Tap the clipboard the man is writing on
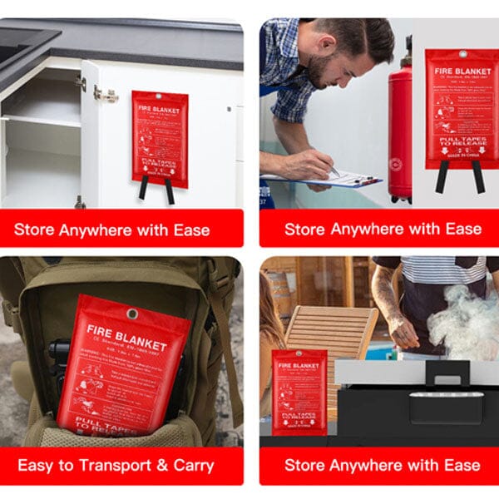[x=333, y=179]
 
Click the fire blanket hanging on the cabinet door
[x=160, y=137]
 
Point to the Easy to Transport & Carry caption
[x=116, y=466]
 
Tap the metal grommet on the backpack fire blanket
[x=131, y=314]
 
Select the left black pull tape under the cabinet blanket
[x=143, y=190]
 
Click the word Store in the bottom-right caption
[x=305, y=466]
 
